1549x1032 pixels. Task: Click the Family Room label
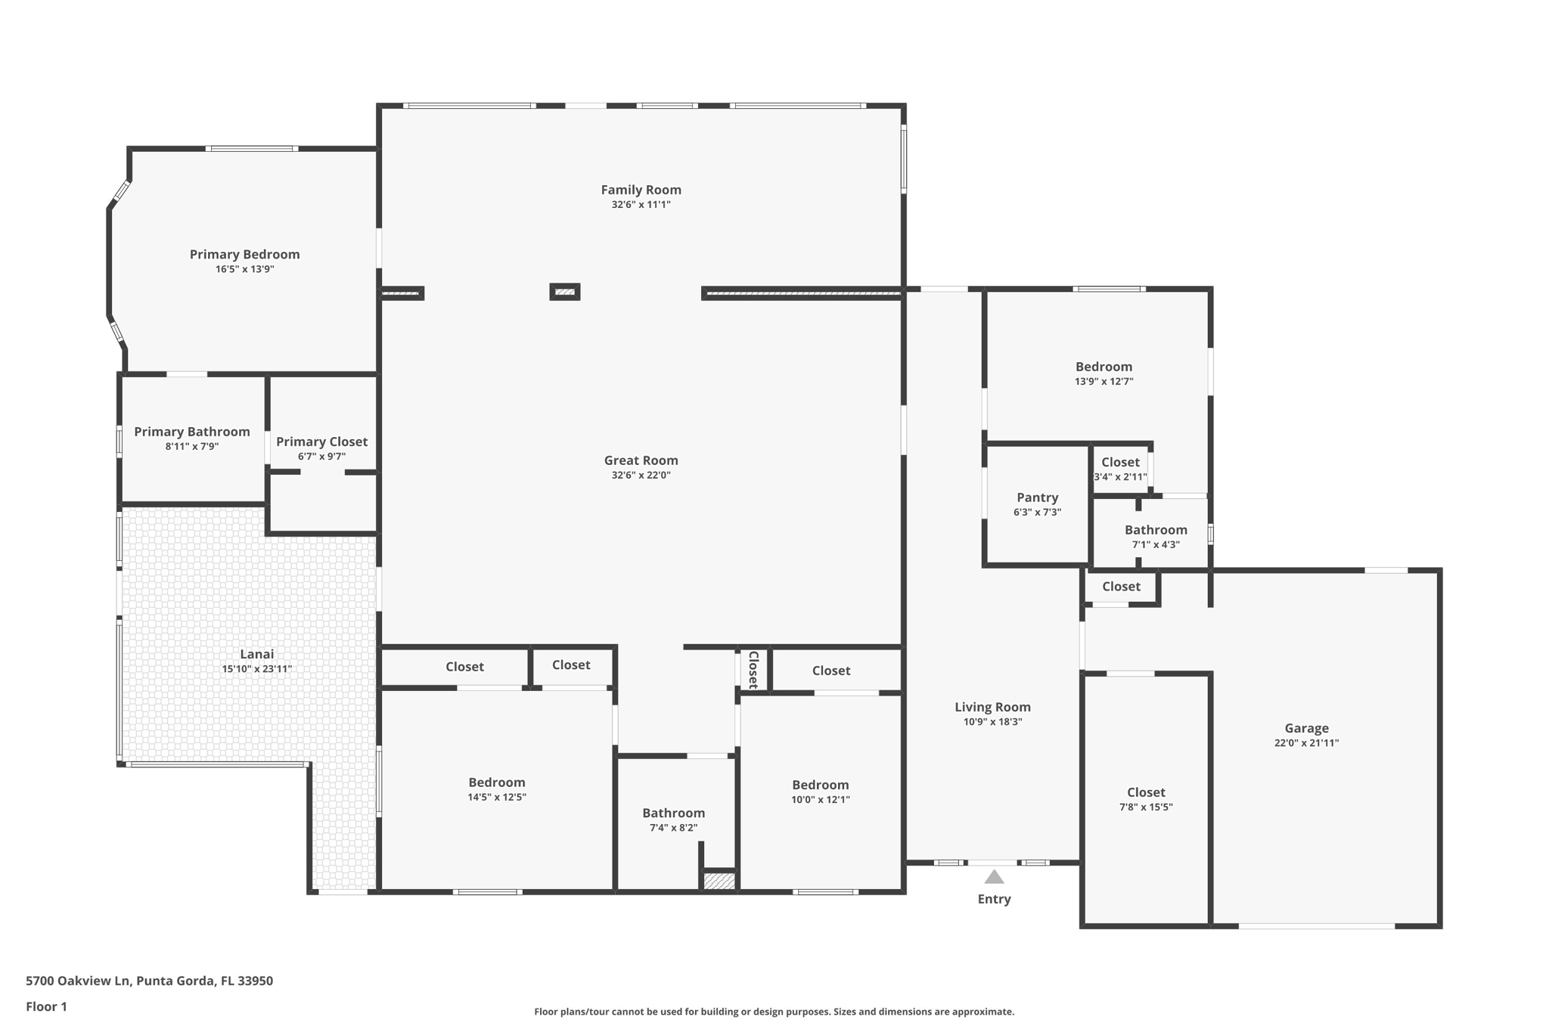(641, 190)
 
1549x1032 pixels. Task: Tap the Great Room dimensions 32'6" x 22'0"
(641, 476)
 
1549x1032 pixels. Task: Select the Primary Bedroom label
(244, 255)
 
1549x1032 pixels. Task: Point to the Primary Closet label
(321, 442)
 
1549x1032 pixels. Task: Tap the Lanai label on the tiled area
(256, 654)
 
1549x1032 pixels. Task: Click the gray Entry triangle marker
(994, 877)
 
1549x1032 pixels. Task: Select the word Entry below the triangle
(994, 899)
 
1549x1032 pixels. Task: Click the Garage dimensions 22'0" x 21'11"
(1306, 743)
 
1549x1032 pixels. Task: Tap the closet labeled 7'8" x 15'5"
(1146, 799)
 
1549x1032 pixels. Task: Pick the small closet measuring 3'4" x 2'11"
(1120, 469)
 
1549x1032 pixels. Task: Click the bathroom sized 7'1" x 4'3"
(1155, 536)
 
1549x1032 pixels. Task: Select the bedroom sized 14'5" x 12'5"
(496, 789)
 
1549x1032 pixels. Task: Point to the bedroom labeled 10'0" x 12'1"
(821, 792)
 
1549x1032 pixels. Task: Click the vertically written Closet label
(753, 670)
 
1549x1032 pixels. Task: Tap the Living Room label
(992, 707)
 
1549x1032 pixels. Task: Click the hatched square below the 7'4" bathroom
(719, 881)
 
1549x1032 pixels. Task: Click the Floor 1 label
(46, 1006)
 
